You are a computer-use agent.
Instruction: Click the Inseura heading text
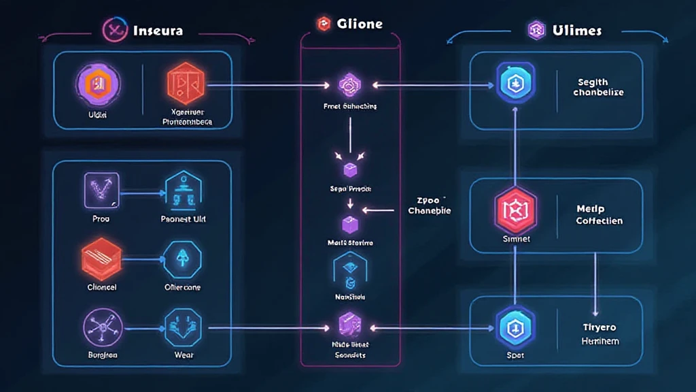coord(158,31)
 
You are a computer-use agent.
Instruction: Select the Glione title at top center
coord(360,24)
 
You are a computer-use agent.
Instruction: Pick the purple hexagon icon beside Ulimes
coord(538,29)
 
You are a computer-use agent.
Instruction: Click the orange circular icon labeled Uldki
coord(98,84)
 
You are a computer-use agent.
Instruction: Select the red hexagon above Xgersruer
coord(186,83)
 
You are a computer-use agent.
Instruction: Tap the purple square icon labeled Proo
coord(101,190)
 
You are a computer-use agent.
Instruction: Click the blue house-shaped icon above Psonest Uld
coord(184,190)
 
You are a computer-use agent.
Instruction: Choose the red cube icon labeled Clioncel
coord(101,260)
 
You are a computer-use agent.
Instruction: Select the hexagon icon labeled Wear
coord(184,327)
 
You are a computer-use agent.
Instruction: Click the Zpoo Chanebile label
coord(430,206)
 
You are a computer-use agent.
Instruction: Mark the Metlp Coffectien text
coord(599,215)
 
